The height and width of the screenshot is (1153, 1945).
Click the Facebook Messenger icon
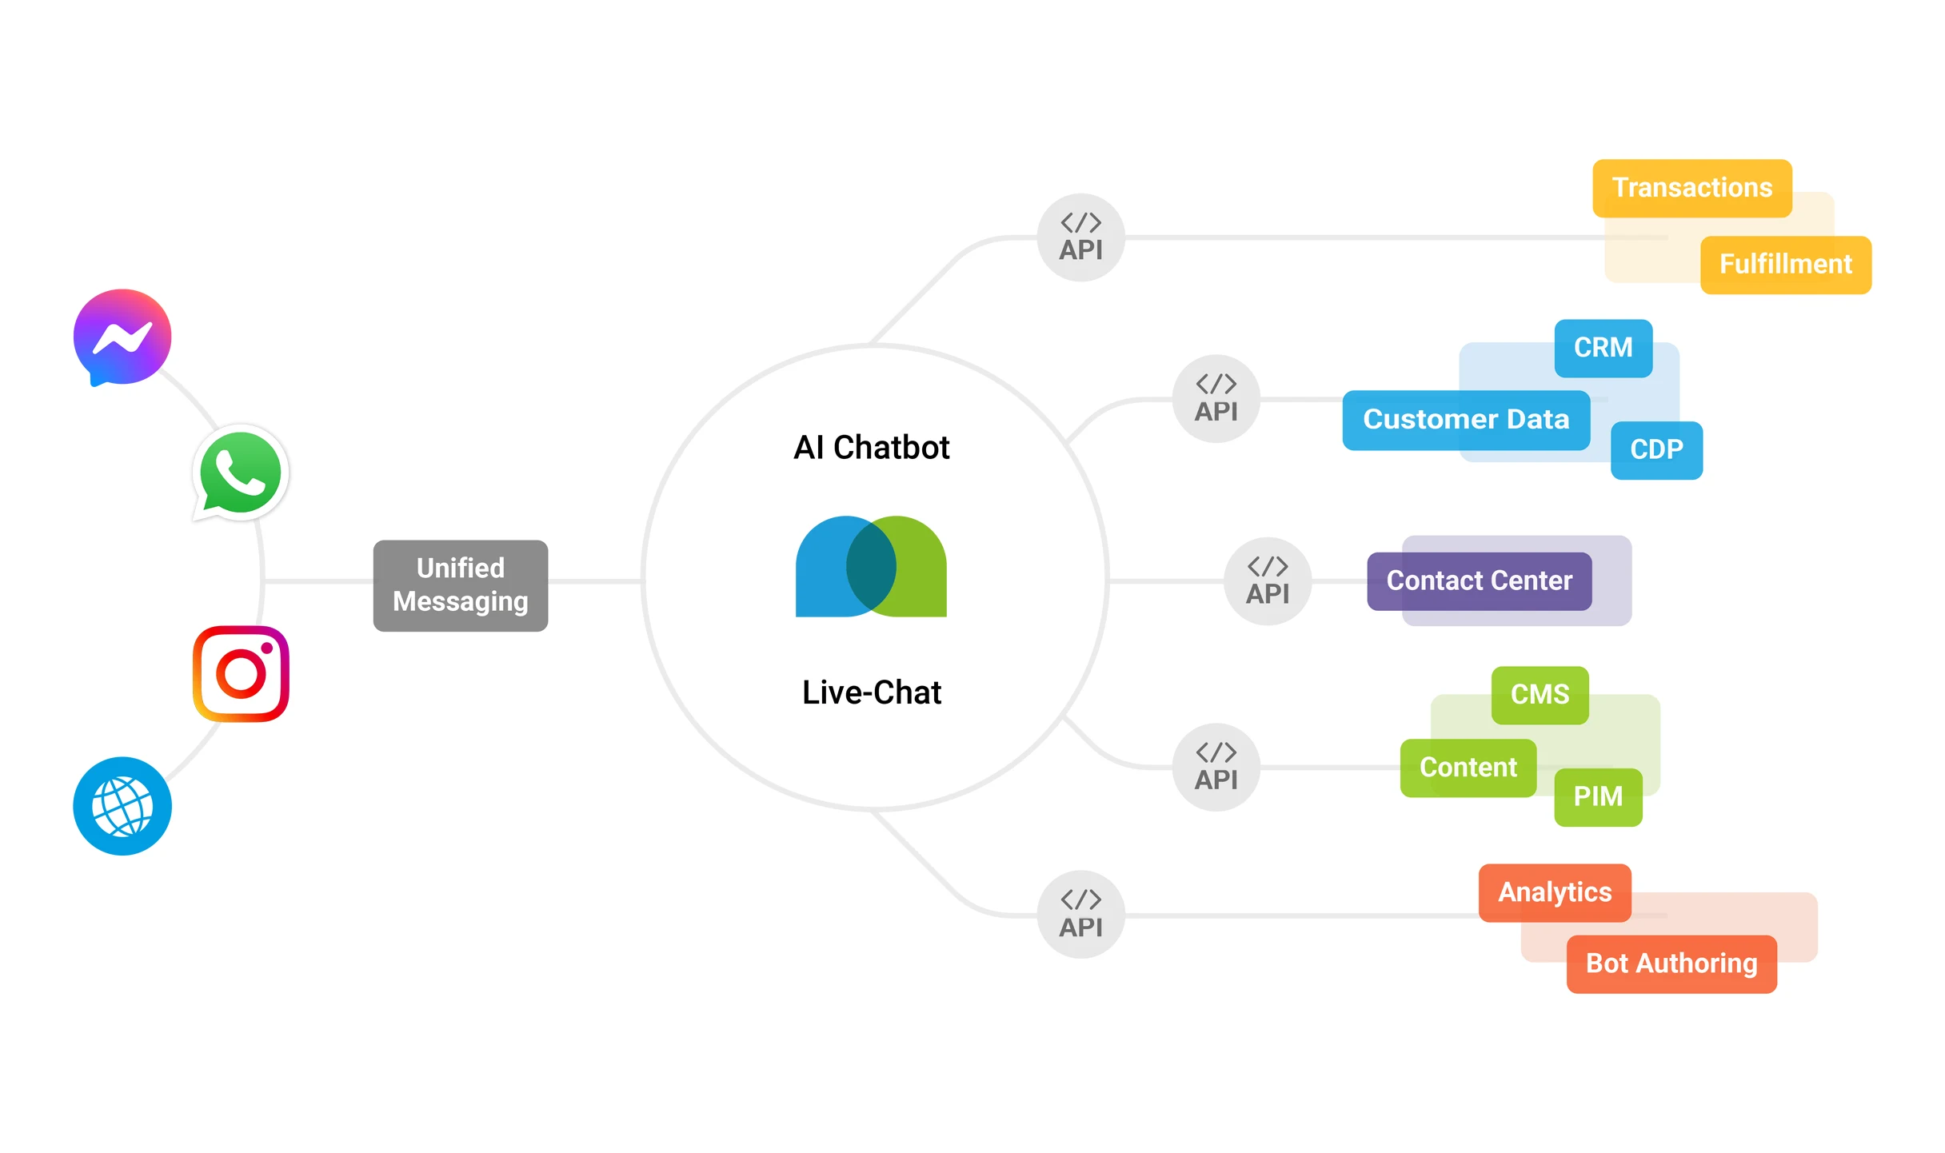point(122,337)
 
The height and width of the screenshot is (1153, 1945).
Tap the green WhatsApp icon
point(241,473)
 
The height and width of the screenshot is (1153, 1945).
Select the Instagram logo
point(241,673)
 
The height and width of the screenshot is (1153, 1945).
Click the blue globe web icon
point(122,806)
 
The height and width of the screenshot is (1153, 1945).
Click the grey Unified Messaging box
point(461,585)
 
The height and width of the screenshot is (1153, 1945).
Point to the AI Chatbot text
point(871,447)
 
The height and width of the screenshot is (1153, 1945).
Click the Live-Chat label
point(871,692)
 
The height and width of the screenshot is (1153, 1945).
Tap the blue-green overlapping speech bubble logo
point(871,567)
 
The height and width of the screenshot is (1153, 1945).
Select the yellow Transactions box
point(1691,188)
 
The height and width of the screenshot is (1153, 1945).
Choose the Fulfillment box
point(1785,265)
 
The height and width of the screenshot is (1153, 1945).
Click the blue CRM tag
point(1603,348)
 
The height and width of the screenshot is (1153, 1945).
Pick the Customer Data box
point(1465,420)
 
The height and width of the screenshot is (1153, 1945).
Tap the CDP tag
point(1656,449)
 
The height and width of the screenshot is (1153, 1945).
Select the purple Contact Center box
point(1479,580)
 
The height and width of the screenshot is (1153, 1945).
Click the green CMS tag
point(1540,694)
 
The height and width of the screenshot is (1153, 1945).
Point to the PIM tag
point(1598,796)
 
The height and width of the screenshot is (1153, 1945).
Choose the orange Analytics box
point(1554,892)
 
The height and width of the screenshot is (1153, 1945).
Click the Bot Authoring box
point(1671,963)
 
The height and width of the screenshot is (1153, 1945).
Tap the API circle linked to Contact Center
point(1268,580)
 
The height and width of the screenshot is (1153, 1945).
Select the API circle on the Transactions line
point(1080,237)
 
